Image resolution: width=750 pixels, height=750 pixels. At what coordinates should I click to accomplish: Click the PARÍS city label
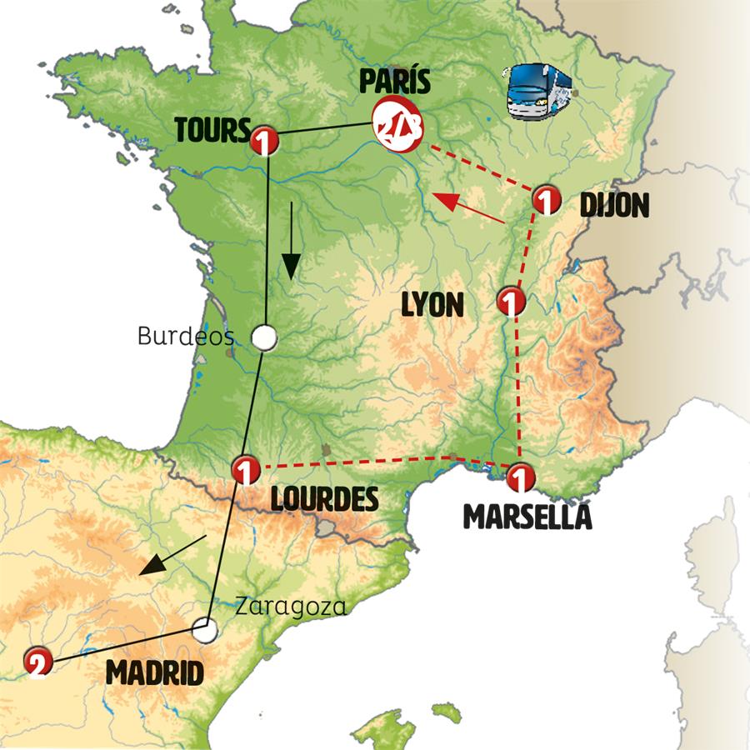(x=394, y=84)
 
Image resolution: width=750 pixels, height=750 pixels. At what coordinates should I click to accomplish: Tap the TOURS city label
(x=212, y=130)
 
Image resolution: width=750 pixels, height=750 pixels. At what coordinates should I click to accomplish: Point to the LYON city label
(x=432, y=305)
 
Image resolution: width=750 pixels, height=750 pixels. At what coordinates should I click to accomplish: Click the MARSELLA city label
(x=527, y=517)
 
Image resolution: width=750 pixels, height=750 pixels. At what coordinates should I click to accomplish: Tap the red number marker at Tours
(x=263, y=139)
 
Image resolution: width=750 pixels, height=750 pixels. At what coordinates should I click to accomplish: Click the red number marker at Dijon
(x=545, y=199)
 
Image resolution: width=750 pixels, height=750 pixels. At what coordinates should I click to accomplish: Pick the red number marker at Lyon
(x=510, y=300)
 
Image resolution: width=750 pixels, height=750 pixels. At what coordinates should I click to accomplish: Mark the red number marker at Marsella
(x=518, y=477)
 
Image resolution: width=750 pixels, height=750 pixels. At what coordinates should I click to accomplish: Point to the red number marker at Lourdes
(x=245, y=470)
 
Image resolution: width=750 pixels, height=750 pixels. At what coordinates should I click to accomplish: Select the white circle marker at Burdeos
(x=263, y=337)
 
